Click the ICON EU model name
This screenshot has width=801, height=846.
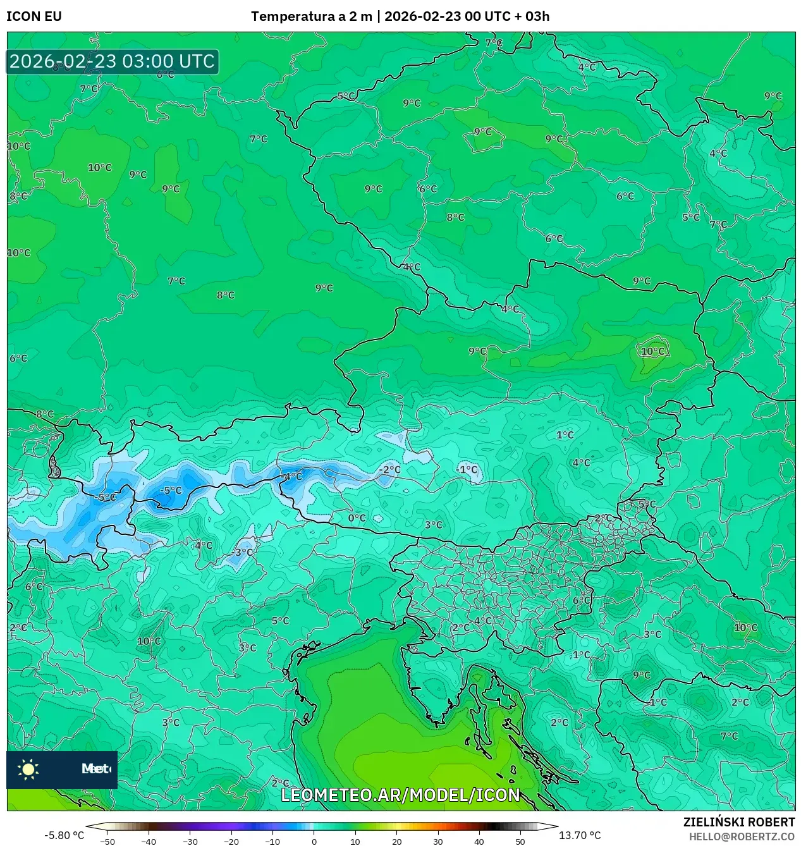[x=34, y=16]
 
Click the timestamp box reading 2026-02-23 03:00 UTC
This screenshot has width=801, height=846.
[x=113, y=61]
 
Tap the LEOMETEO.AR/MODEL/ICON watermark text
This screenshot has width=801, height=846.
[x=400, y=795]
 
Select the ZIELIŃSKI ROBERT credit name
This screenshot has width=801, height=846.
[x=738, y=822]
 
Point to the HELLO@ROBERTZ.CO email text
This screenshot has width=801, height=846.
[x=742, y=837]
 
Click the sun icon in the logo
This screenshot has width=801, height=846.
[x=28, y=769]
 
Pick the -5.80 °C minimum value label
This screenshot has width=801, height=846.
[x=64, y=835]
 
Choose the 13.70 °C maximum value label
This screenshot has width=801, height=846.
[x=579, y=835]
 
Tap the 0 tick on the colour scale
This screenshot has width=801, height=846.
[x=314, y=841]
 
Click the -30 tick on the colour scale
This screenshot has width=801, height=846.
[x=190, y=841]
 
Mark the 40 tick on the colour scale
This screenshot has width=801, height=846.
[x=479, y=841]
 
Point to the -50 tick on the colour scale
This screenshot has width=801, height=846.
[x=107, y=841]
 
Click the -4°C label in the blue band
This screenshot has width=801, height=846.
[x=291, y=476]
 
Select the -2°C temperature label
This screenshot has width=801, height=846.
[x=390, y=469]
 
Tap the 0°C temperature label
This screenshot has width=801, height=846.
[x=357, y=518]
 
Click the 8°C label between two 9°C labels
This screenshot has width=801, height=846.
[x=455, y=217]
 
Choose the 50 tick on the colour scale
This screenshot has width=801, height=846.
[x=520, y=841]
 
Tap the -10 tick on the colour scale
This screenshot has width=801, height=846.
[x=272, y=841]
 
